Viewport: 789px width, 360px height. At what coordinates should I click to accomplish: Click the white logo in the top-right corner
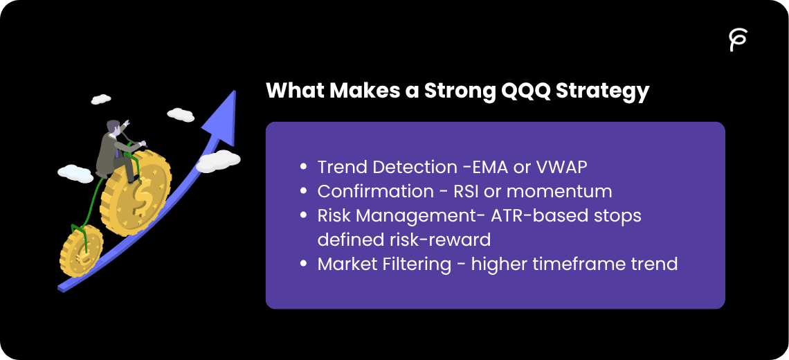(738, 40)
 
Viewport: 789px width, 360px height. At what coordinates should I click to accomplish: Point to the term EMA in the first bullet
(498, 168)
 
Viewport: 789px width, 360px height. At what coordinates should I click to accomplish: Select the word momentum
(561, 192)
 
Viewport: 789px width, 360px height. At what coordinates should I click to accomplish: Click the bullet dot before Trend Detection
(303, 168)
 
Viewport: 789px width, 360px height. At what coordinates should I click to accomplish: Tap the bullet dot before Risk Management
(303, 216)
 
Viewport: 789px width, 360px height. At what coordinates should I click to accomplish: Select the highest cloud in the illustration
(101, 99)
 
